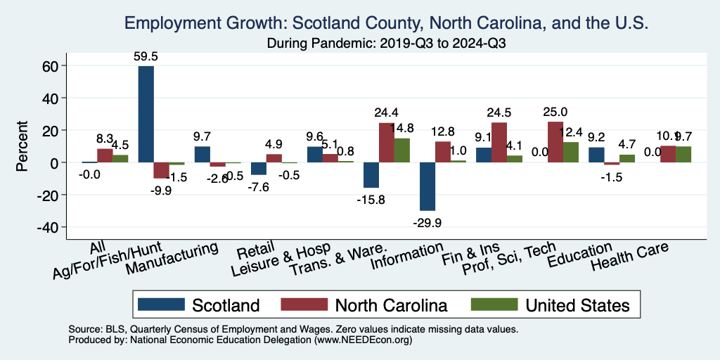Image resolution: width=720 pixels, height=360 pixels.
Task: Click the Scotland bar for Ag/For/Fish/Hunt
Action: pos(146,114)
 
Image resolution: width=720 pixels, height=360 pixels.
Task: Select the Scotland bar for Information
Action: pos(427,186)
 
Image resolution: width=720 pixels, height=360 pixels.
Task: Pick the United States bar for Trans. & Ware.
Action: pos(402,150)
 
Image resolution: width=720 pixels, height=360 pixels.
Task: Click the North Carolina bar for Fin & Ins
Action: pos(499,143)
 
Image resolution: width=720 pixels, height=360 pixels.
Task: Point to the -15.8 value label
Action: pos(370,199)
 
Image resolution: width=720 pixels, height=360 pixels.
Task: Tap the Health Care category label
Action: pos(630,258)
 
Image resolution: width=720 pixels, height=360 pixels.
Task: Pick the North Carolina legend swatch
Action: pos(304,304)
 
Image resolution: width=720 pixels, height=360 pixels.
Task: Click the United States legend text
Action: pos(577,305)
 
